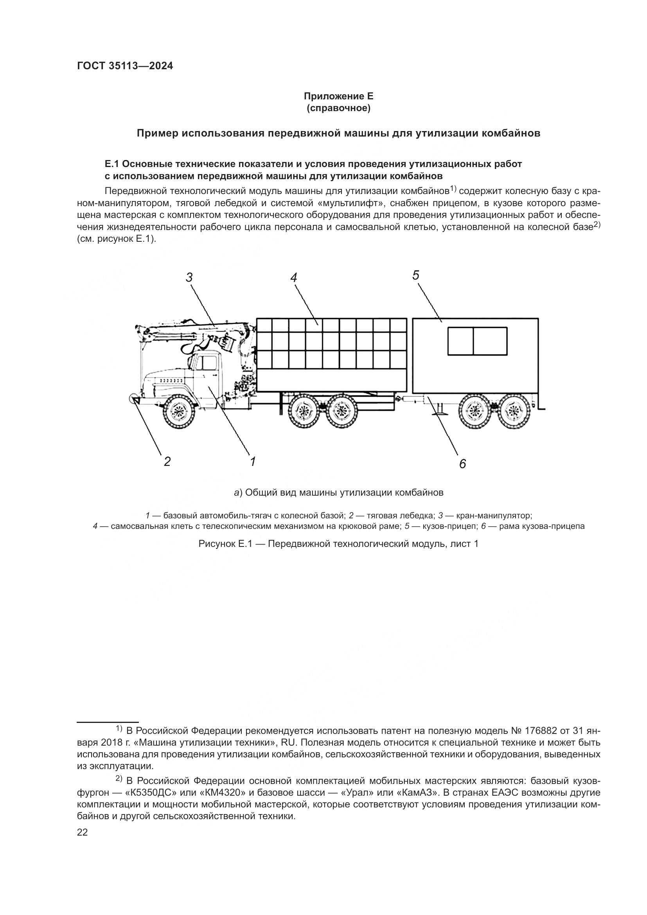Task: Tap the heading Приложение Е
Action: (339, 96)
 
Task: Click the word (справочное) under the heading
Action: (339, 108)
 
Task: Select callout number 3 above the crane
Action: (189, 277)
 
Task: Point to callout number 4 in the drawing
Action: (294, 277)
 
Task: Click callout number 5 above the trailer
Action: (416, 275)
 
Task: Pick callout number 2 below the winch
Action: (167, 462)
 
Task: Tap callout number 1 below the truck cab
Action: (253, 462)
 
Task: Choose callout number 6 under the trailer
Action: (462, 464)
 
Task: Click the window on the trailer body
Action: (477, 341)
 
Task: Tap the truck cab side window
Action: (207, 363)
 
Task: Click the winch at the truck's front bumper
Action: (133, 398)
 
